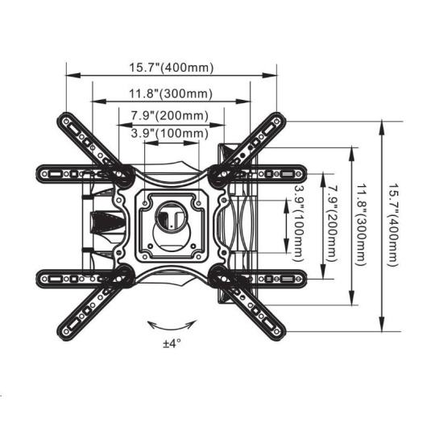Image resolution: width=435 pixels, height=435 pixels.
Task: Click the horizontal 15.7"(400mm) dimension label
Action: pyautogui.click(x=172, y=68)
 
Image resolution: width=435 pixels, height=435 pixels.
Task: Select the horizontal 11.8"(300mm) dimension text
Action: pyautogui.click(x=171, y=93)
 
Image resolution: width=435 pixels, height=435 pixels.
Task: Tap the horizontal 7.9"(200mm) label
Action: pyautogui.click(x=169, y=116)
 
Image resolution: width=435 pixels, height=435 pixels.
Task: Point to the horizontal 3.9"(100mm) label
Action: pyautogui.click(x=169, y=134)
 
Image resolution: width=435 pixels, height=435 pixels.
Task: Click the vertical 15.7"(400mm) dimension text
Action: pyautogui.click(x=393, y=225)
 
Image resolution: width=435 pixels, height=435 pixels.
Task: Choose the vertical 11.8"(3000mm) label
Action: pyautogui.click(x=362, y=225)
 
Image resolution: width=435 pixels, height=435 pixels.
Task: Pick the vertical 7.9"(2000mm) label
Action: pyautogui.click(x=332, y=224)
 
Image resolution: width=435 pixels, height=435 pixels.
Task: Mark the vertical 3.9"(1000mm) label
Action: pyautogui.click(x=299, y=224)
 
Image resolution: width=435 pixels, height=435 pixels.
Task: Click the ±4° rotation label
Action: pyautogui.click(x=172, y=344)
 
